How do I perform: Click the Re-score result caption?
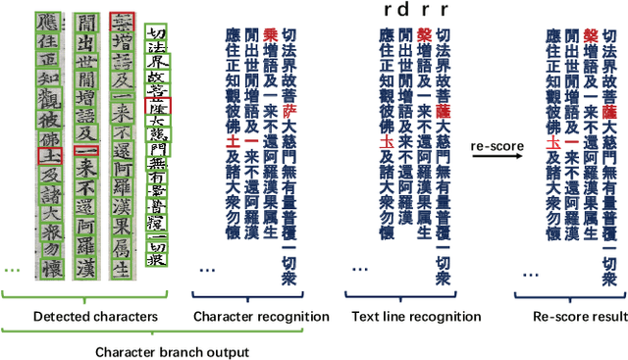tap(571, 316)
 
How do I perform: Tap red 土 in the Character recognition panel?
tap(234, 143)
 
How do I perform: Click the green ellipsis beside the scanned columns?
tap(12, 268)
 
